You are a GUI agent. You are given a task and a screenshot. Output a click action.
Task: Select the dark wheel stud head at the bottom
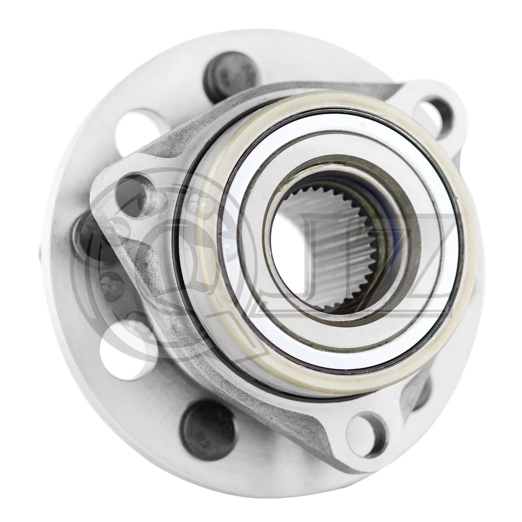click(208, 430)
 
